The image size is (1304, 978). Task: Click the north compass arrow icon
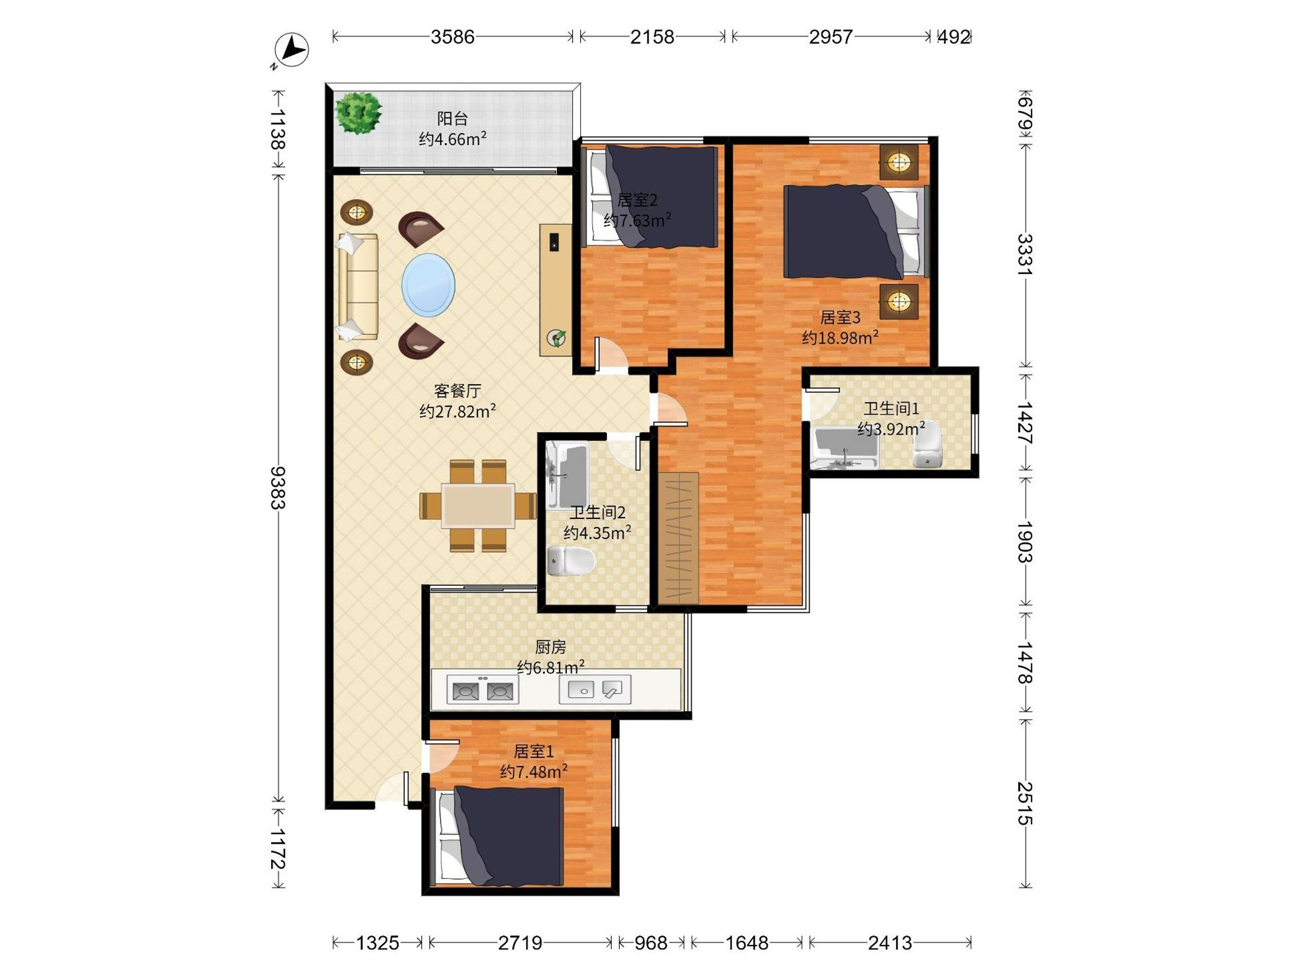(x=292, y=49)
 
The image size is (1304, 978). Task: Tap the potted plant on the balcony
(x=358, y=112)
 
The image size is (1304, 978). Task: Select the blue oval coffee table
(x=429, y=285)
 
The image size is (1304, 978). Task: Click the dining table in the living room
(x=478, y=505)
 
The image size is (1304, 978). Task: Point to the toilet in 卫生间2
(x=570, y=561)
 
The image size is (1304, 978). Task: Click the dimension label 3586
(x=452, y=37)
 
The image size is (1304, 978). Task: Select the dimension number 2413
(x=889, y=943)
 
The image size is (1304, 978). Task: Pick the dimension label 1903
(x=1025, y=542)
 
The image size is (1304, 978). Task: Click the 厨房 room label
(x=550, y=647)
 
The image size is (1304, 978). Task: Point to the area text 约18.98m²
(x=840, y=337)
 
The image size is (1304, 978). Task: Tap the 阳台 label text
(x=452, y=118)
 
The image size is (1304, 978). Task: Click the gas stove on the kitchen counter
(x=483, y=689)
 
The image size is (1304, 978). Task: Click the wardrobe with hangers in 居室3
(x=678, y=538)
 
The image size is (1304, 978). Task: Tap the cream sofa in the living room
(x=358, y=286)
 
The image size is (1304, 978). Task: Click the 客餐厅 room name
(x=457, y=390)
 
